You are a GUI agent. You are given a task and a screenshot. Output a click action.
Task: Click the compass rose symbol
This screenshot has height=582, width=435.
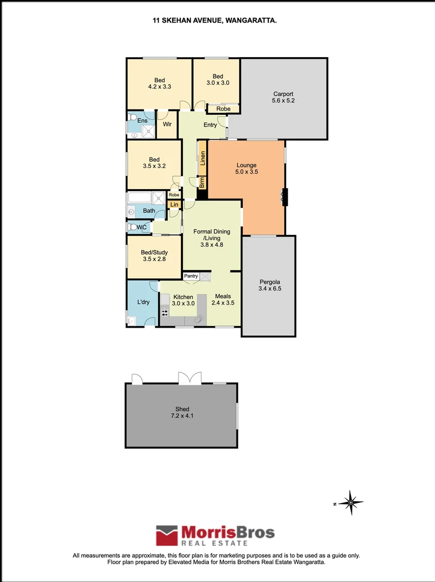(351, 503)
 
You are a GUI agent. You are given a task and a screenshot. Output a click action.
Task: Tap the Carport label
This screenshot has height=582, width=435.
(283, 93)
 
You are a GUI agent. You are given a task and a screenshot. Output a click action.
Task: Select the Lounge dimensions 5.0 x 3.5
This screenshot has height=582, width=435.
(246, 172)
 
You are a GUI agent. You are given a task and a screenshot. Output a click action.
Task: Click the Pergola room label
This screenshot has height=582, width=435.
(269, 281)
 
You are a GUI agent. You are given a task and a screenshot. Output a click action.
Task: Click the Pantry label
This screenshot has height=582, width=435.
(191, 276)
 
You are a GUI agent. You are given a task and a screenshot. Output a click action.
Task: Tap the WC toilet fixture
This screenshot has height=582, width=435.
(131, 227)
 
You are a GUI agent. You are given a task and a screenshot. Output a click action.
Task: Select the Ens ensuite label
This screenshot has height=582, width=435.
(142, 121)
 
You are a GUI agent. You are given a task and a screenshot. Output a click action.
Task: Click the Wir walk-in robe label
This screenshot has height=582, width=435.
(167, 124)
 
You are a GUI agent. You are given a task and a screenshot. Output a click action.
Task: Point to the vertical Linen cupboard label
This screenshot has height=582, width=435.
(203, 158)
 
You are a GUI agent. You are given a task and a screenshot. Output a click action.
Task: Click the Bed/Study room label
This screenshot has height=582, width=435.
(154, 252)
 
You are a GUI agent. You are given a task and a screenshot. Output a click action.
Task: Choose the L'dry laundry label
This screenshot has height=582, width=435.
(143, 302)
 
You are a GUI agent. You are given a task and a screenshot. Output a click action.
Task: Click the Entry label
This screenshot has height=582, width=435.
(210, 125)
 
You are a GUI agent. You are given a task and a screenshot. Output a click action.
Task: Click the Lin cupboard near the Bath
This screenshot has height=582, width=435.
(174, 205)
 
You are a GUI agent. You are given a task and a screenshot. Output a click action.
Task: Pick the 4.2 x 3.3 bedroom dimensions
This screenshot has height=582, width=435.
(159, 86)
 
